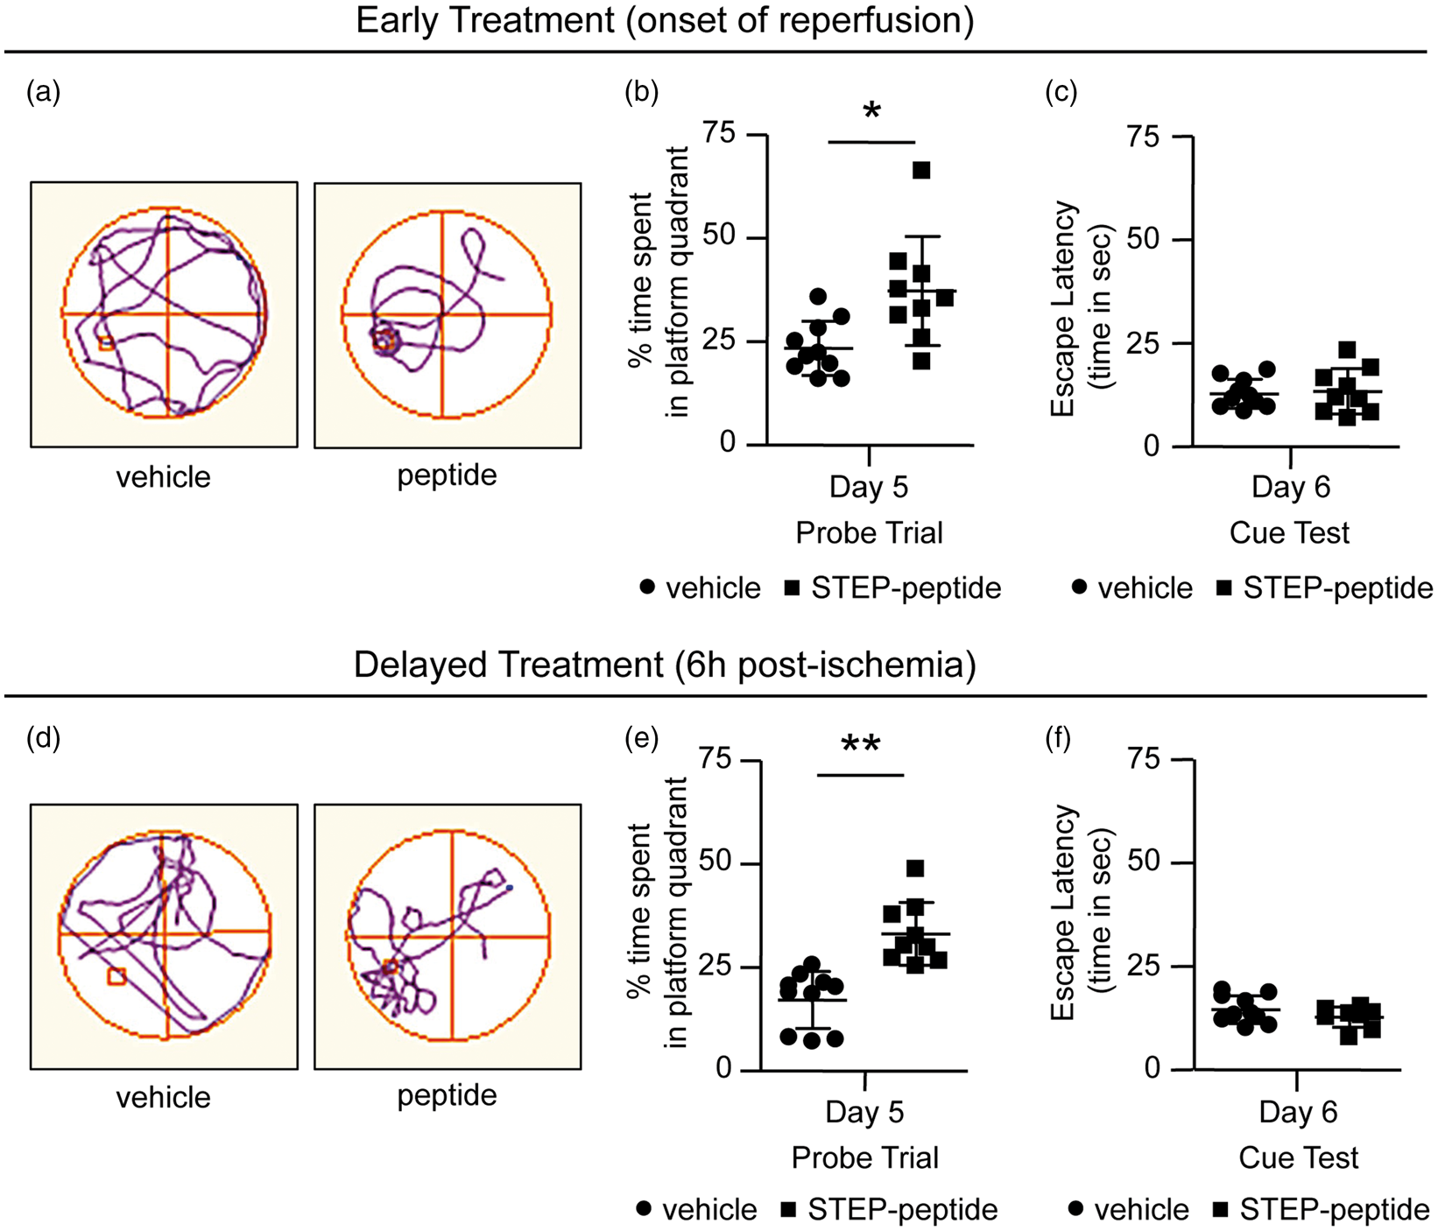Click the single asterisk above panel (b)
(871, 111)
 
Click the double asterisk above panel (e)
(860, 745)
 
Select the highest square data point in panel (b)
(921, 170)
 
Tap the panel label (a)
(44, 91)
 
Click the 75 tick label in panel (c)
(1144, 137)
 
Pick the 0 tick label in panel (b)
(728, 443)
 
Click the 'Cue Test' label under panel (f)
(1299, 1157)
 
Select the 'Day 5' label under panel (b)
(869, 487)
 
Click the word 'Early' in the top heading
(399, 20)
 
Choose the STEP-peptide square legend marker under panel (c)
(1224, 587)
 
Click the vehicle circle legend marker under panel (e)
(644, 1209)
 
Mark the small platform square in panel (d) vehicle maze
(116, 976)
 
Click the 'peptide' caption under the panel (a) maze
(447, 475)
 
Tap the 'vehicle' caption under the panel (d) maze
(164, 1097)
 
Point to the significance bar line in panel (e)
(860, 775)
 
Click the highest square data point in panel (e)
(915, 869)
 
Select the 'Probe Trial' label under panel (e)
(865, 1157)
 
